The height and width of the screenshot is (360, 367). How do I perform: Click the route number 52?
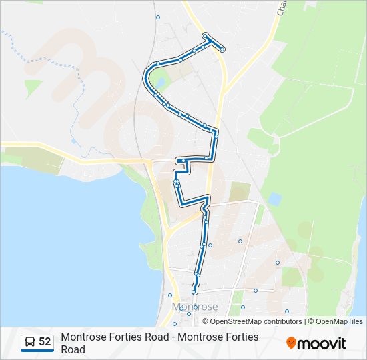[x=45, y=342]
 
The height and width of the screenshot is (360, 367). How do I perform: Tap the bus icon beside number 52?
[x=30, y=342]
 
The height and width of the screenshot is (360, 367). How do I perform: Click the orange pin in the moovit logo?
[x=291, y=343]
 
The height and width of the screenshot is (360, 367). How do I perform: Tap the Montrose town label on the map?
[x=195, y=307]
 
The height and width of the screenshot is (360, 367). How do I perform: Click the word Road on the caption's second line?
[x=73, y=349]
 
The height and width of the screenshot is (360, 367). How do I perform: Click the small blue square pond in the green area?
[x=274, y=199]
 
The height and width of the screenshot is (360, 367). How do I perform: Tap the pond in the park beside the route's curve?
[x=160, y=83]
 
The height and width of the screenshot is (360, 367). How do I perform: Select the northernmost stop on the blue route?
[x=205, y=35]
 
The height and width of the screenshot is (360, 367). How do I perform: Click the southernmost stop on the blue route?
[x=194, y=291]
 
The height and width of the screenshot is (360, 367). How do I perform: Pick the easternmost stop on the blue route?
[x=222, y=49]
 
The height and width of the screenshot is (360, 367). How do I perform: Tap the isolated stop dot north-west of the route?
[x=158, y=17]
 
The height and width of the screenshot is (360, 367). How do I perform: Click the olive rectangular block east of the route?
[x=239, y=192]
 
